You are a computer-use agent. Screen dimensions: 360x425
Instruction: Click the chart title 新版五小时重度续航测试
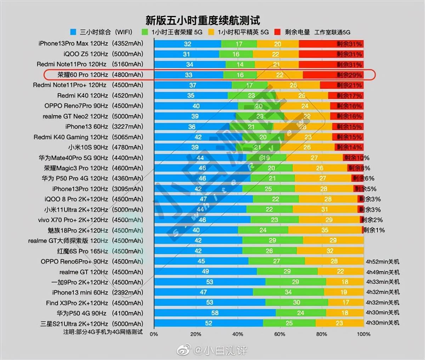point(203,20)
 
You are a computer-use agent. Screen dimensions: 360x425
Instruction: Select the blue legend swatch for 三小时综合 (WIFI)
point(73,32)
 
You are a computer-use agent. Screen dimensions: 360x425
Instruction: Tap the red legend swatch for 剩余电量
point(277,32)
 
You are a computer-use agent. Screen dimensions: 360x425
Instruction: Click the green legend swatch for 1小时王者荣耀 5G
point(144,32)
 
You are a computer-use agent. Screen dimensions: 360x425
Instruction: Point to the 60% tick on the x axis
point(279,334)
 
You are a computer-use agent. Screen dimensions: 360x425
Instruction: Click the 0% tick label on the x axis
point(154,334)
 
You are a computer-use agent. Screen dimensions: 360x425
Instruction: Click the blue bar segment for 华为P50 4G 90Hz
point(215,313)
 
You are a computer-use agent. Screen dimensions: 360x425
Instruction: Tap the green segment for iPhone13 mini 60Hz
point(288,292)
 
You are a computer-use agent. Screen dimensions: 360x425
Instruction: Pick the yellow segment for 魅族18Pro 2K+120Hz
point(325,230)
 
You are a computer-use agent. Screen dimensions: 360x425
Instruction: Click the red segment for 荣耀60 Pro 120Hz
point(333,75)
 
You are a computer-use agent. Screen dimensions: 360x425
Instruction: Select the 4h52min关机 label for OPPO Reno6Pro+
point(382,261)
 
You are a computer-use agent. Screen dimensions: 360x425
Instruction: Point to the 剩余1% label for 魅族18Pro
point(374,230)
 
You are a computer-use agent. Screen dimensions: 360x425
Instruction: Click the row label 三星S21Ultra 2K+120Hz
point(92,324)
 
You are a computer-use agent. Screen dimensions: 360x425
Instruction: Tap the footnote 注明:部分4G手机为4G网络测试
point(103,332)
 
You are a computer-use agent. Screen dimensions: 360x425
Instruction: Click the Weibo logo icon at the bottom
point(184,350)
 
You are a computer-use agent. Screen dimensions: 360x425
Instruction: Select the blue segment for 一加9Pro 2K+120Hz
point(210,282)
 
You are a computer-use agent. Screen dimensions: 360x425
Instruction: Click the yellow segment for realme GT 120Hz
point(340,272)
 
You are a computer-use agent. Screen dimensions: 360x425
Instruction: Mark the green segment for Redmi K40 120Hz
point(251,96)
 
